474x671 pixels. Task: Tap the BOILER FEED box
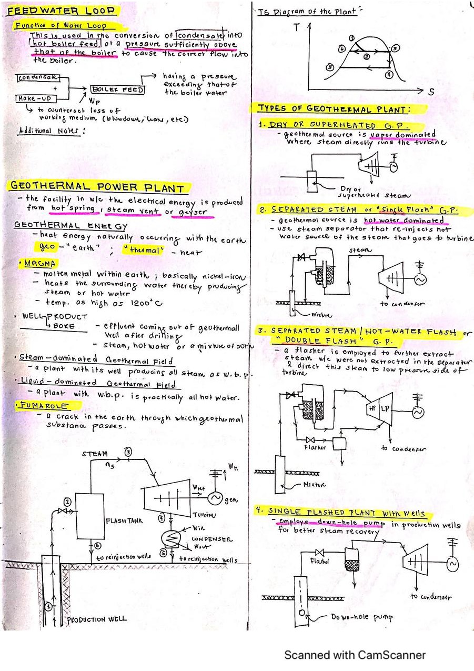118,90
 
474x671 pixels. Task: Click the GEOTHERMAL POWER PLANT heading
98,187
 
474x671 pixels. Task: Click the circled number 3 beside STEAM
128,451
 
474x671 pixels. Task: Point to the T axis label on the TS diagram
297,28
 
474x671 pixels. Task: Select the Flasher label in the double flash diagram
316,447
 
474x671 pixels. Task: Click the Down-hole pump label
361,617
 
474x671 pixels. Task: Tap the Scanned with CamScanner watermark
355,655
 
